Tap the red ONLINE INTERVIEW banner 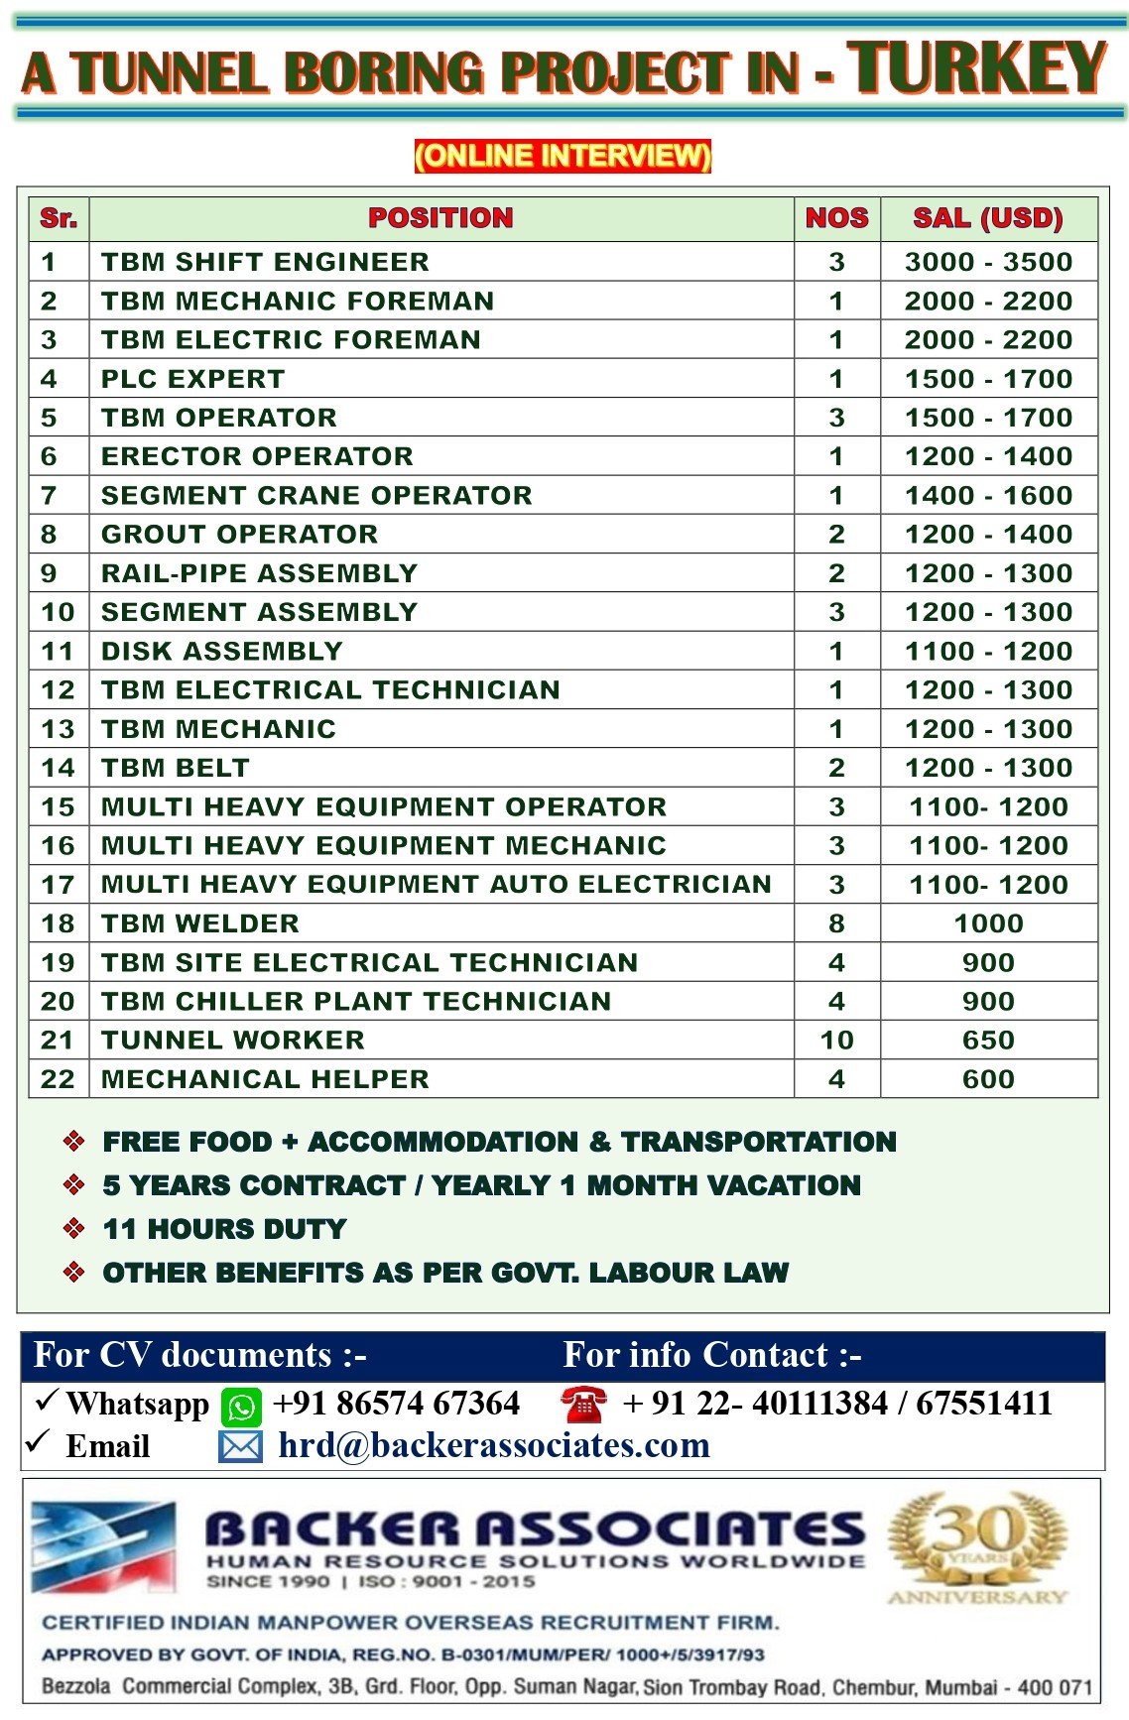[x=563, y=156]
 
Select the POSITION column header [x=440, y=218]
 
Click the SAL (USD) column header [x=988, y=218]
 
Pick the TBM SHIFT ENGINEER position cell [x=265, y=262]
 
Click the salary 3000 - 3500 [x=988, y=262]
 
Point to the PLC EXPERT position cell [x=192, y=379]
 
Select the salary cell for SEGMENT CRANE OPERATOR [x=988, y=495]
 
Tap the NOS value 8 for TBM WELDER [x=836, y=923]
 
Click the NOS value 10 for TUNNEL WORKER [x=836, y=1040]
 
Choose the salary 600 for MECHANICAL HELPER [x=988, y=1079]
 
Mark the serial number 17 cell [x=58, y=885]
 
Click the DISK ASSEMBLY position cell [x=221, y=651]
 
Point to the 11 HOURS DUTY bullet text [x=224, y=1229]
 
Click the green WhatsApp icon [x=241, y=1407]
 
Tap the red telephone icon [x=583, y=1405]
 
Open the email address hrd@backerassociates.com [x=494, y=1446]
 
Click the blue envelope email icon [x=240, y=1448]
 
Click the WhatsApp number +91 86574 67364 [x=396, y=1404]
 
